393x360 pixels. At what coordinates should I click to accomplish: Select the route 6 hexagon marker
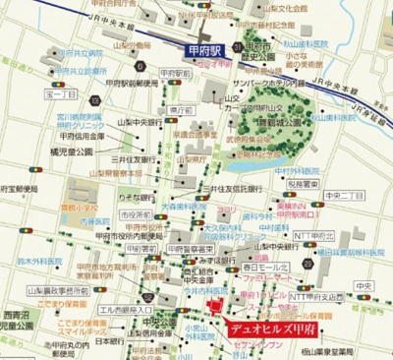coord(140,67)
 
